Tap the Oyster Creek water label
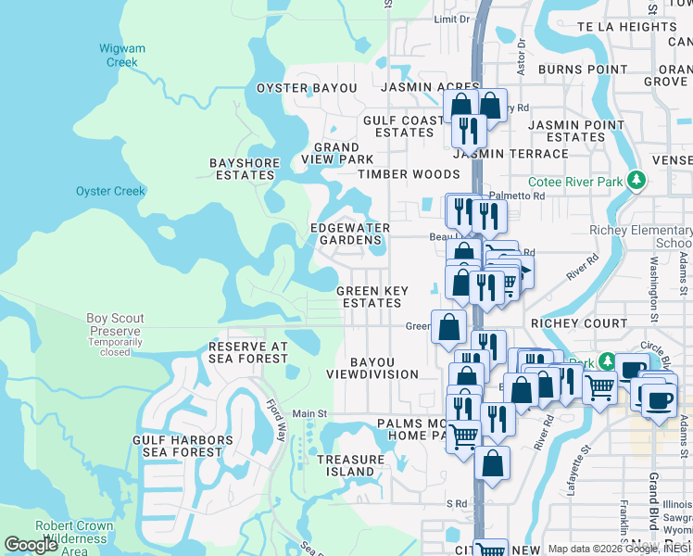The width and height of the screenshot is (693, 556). coord(110,191)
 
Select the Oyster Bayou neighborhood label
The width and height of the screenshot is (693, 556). coord(307,88)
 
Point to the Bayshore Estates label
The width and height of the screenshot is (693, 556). coord(244,169)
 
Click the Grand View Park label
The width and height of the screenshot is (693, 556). coord(336,153)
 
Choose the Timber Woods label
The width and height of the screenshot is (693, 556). coord(396,174)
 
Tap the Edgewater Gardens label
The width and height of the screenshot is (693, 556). coord(349,234)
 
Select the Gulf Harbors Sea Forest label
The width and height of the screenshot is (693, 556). coord(183,447)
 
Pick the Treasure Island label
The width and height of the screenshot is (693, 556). coord(350,466)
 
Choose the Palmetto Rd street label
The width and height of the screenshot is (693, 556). coord(518,196)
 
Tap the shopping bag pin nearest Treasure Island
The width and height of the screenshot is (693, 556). coord(492,462)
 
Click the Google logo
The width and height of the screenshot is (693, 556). coord(31,544)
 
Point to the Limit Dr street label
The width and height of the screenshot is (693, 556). coord(451,19)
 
